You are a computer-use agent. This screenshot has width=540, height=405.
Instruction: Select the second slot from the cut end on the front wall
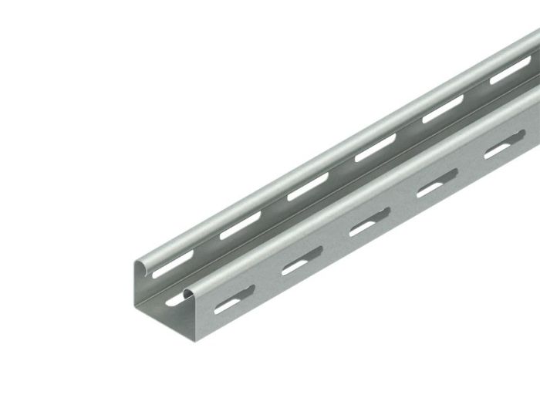coord(297,267)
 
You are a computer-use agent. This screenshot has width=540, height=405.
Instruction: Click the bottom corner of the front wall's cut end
coord(202,362)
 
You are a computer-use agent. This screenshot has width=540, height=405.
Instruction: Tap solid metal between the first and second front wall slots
coord(265,287)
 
